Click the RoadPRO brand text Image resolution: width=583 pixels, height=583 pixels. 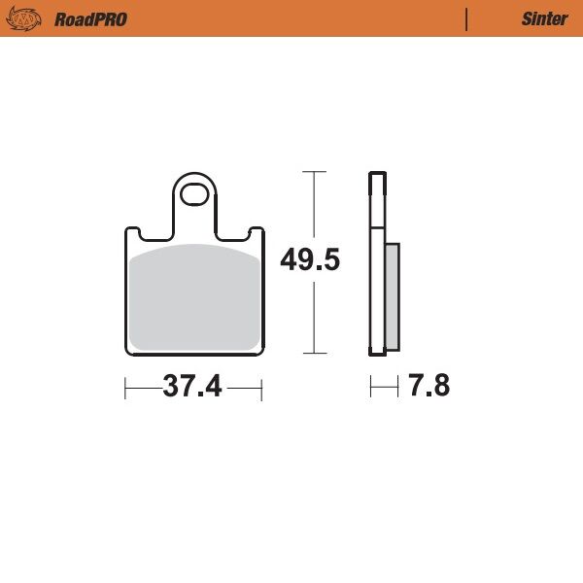tap(91, 19)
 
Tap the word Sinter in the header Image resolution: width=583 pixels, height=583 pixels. tap(544, 19)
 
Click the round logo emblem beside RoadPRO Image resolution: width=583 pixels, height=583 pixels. tap(26, 18)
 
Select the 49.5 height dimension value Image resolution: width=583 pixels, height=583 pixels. tap(310, 260)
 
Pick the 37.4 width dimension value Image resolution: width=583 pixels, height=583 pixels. tap(192, 387)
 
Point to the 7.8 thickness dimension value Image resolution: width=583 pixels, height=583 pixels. tap(429, 387)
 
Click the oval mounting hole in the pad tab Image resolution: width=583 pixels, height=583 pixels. tap(195, 190)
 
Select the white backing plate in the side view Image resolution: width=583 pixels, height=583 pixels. tap(375, 262)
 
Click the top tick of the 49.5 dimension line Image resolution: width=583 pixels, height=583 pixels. tap(313, 172)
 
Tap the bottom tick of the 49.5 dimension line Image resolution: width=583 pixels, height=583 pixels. tap(313, 354)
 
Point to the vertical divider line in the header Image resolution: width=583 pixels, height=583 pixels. tap(467, 19)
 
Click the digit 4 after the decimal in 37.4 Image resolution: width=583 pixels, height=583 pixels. tap(211, 387)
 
